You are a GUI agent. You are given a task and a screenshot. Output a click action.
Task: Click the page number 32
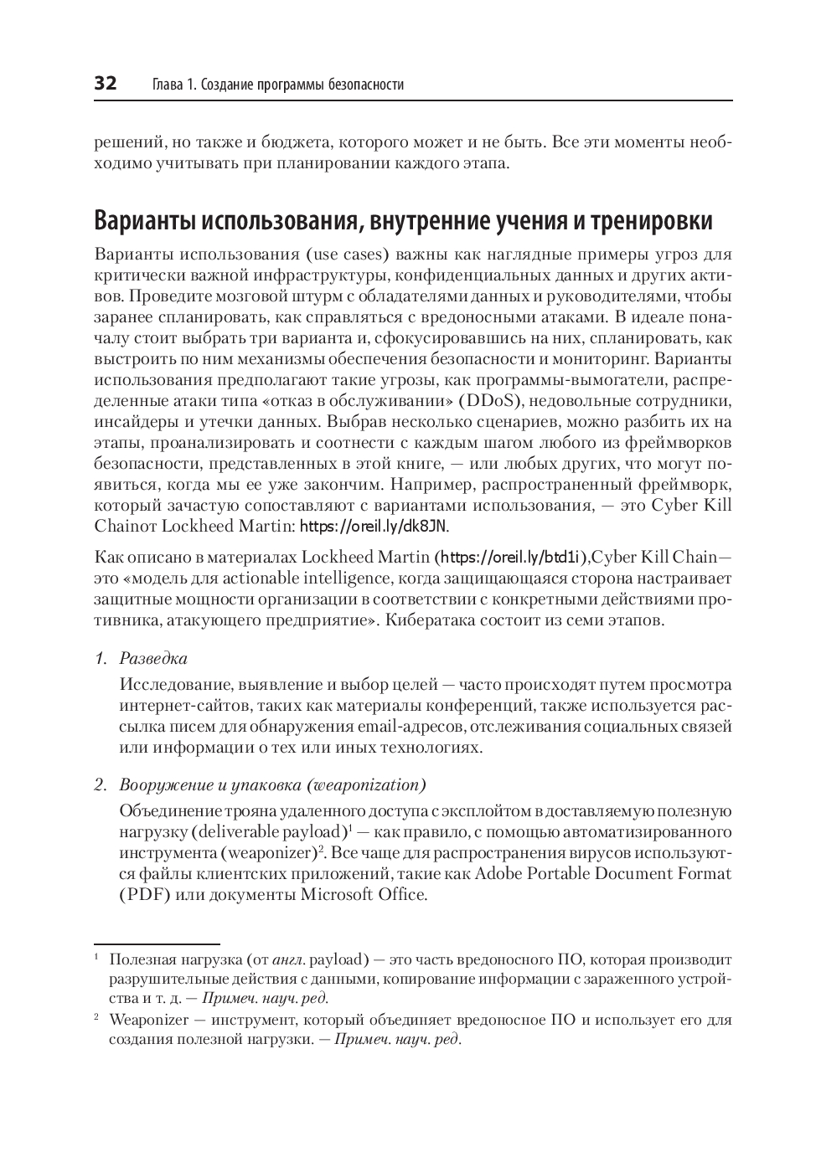(105, 84)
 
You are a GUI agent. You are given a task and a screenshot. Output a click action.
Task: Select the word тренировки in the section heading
(652, 222)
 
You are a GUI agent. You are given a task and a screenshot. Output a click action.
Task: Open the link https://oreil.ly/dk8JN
(374, 527)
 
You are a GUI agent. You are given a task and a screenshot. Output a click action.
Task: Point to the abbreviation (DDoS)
(481, 401)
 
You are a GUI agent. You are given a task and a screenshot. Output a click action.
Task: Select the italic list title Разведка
(153, 659)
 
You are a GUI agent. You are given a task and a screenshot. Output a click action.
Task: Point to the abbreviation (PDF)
(144, 895)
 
